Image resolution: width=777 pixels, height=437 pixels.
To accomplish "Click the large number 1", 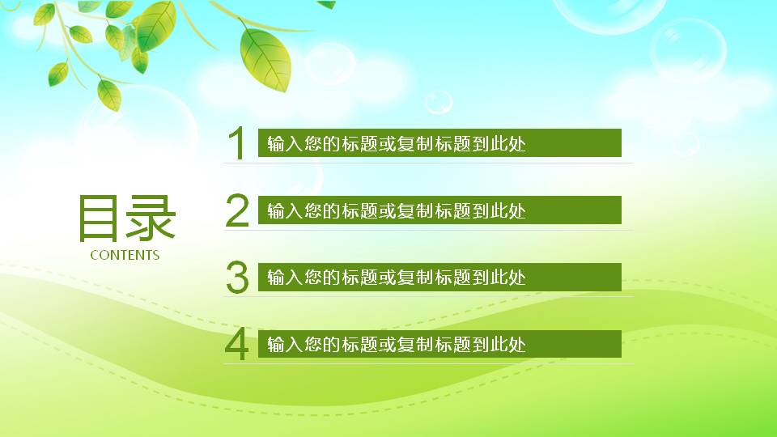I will coord(236,144).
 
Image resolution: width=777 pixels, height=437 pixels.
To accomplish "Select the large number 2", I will coord(237,210).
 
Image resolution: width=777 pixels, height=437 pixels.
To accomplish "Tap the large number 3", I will coord(237,278).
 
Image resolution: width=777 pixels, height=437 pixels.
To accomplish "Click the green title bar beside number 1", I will coord(439,143).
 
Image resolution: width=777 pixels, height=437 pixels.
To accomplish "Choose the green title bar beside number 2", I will coord(439,210).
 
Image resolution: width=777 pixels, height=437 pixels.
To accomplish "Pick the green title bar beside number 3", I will coord(439,278).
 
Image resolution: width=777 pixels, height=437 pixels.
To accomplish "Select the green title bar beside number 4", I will coord(439,344).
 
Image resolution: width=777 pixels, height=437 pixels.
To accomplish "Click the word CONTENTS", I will coord(125,255).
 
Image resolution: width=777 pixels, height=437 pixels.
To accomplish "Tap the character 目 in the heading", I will coord(100,218).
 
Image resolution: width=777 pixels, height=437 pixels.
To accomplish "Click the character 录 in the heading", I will coord(151,218).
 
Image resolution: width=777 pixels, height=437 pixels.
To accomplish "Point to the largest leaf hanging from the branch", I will coord(265,58).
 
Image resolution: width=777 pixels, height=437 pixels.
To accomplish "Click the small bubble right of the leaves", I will coord(330,64).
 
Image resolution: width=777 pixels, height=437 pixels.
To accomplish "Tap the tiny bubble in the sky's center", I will coord(439,101).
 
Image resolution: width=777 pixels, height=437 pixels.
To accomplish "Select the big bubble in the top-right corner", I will coord(688,50).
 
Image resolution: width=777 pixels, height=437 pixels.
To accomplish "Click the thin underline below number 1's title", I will coord(428,163).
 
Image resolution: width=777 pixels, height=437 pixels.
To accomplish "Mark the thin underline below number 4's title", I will coord(428,363).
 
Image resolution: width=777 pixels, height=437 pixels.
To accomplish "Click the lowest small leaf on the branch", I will coord(109,95).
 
